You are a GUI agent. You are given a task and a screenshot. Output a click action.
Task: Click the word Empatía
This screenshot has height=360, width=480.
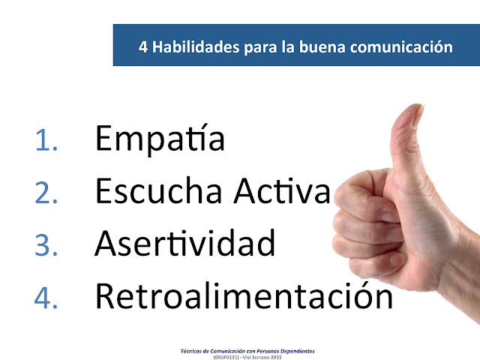159,140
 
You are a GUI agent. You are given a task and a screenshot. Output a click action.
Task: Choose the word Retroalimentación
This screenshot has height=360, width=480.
244,295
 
